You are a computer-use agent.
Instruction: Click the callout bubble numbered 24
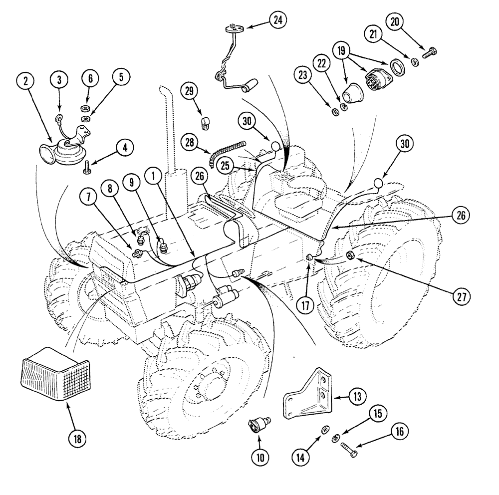[x=277, y=20]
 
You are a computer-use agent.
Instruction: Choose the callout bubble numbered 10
[x=260, y=456]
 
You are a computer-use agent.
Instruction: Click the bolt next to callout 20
[x=430, y=51]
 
